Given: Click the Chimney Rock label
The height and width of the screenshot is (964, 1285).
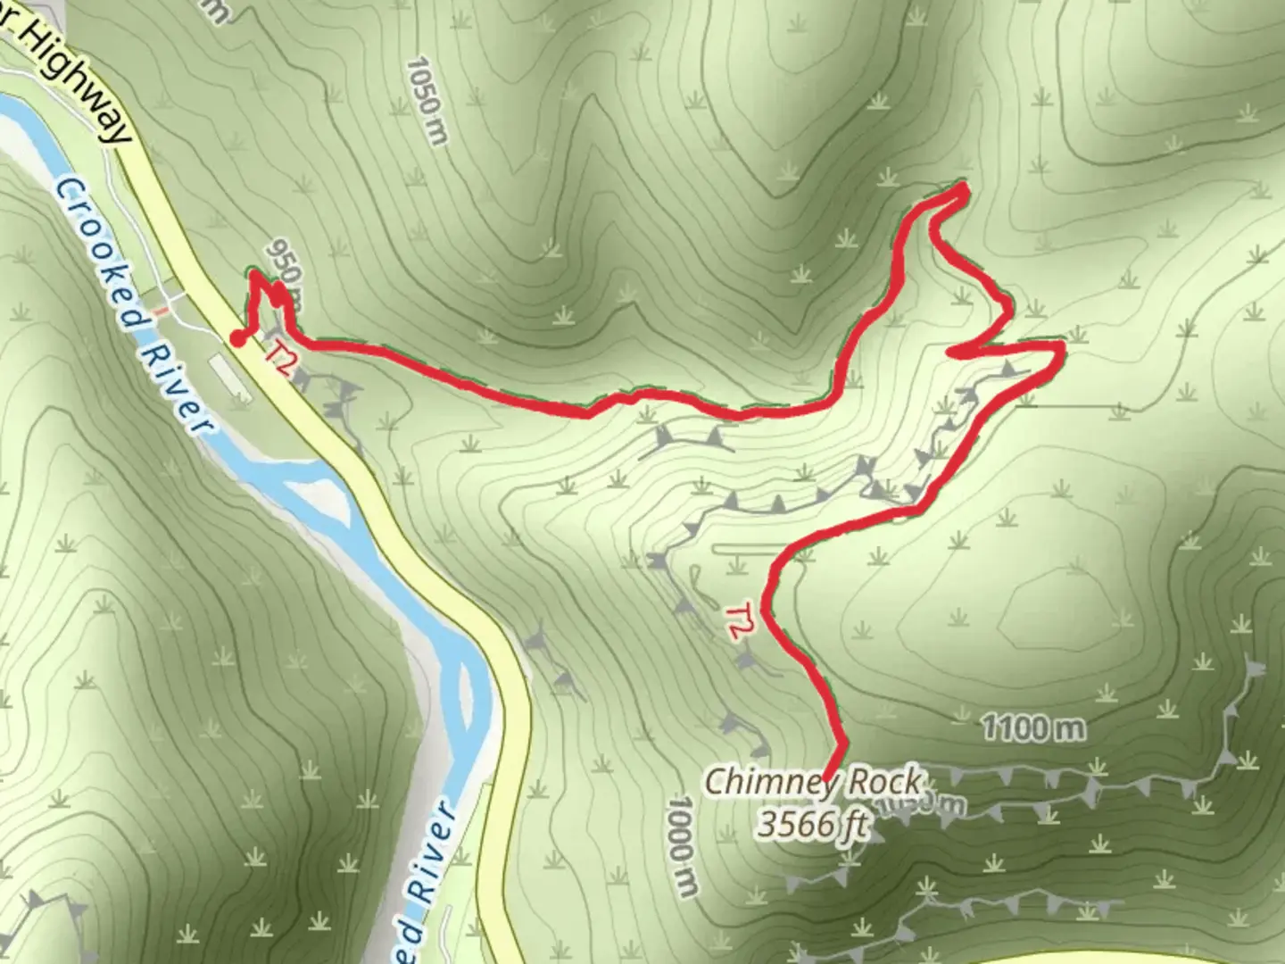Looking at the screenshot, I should [x=812, y=783].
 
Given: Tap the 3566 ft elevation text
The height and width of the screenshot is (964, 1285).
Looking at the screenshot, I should [x=812, y=824].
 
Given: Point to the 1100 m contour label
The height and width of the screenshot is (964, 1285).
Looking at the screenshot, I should [x=1033, y=729].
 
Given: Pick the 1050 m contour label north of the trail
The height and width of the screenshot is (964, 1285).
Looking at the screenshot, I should [x=426, y=100].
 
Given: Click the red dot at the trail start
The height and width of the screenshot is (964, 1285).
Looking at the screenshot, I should [x=237, y=337].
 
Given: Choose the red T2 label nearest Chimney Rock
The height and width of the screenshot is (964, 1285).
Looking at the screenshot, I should [x=736, y=621].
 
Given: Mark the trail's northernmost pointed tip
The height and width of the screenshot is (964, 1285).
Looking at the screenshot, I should [x=964, y=187].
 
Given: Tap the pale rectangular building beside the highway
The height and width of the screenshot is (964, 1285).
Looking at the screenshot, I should [x=229, y=375].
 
